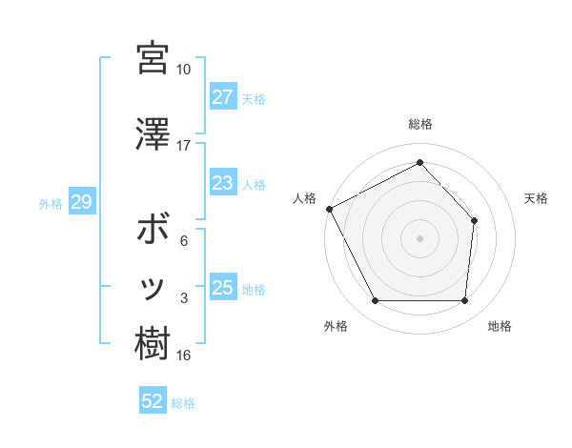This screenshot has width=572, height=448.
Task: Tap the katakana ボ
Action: pyautogui.click(x=153, y=232)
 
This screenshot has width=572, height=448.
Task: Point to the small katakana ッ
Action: pyautogui.click(x=153, y=288)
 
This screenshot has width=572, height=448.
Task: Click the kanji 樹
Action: pyautogui.click(x=153, y=344)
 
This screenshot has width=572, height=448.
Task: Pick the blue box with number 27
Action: pyautogui.click(x=223, y=97)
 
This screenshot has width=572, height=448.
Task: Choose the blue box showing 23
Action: pyautogui.click(x=223, y=183)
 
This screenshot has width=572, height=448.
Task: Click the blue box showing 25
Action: pyautogui.click(x=223, y=288)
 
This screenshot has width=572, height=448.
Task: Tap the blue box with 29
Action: pyautogui.click(x=81, y=202)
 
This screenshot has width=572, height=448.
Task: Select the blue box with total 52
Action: pyautogui.click(x=153, y=402)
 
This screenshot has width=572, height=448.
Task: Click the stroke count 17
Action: pyautogui.click(x=183, y=146)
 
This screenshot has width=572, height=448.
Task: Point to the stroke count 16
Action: pyautogui.click(x=183, y=356)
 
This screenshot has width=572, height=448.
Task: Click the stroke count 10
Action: pyautogui.click(x=183, y=70)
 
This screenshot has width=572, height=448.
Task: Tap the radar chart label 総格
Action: pyautogui.click(x=420, y=124)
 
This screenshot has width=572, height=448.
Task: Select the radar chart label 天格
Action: pyautogui.click(x=536, y=198)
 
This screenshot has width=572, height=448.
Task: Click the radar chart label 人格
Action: pyautogui.click(x=304, y=198)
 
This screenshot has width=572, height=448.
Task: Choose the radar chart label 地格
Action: pyautogui.click(x=500, y=326)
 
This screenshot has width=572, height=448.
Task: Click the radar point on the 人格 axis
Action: pyautogui.click(x=329, y=209)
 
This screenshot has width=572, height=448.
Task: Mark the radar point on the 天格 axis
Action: pyautogui.click(x=475, y=221)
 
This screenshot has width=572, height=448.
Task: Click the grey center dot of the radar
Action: pyautogui.click(x=419, y=237)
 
